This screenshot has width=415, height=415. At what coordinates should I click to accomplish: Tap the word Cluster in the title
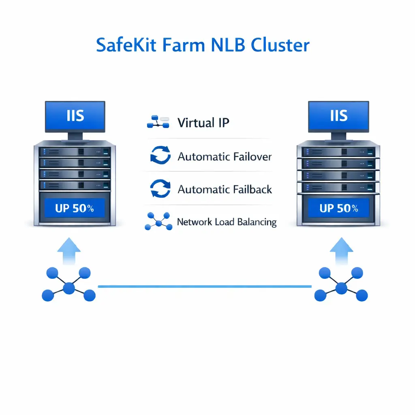coord(280,45)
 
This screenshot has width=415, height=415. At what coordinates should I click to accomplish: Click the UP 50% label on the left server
coord(75,209)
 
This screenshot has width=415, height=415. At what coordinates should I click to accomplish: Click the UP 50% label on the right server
coord(339,209)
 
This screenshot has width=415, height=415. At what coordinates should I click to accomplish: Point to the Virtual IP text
coord(203,123)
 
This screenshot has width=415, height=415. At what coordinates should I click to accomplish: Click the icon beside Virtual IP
coord(158,122)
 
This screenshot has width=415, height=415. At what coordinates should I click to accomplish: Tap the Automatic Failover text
coord(225,156)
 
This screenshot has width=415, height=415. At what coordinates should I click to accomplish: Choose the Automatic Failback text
coord(225,189)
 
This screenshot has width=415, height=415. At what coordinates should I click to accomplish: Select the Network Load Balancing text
coord(227,222)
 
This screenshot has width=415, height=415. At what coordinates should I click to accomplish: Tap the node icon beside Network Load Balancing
coord(158,221)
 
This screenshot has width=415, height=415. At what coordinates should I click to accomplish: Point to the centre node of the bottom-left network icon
coord(69,288)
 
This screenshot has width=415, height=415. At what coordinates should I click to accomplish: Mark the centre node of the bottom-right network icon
coord(341,288)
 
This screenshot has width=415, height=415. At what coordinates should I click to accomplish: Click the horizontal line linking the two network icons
coord(205,287)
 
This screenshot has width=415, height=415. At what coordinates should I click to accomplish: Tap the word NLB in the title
coord(227,45)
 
